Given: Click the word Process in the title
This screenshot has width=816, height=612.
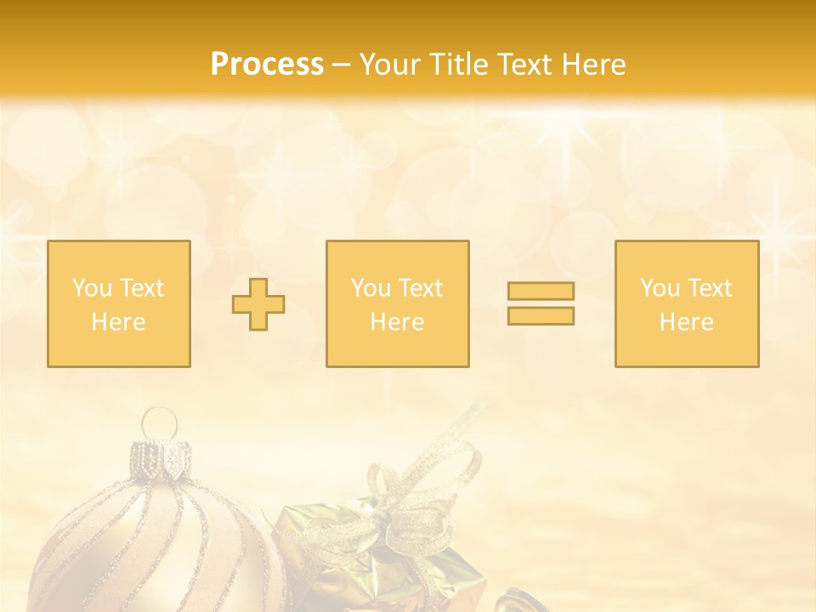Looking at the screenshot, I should [x=267, y=65].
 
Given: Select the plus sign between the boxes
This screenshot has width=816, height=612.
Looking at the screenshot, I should [x=258, y=304].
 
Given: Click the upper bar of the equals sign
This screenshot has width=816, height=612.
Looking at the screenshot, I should [x=541, y=291].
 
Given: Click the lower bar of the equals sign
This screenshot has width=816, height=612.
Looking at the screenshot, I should [x=541, y=315].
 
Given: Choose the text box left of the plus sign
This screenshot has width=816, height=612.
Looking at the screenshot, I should [x=119, y=303].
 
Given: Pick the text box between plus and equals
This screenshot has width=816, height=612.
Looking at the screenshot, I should [x=397, y=303].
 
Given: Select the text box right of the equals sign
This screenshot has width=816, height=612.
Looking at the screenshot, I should [x=687, y=303].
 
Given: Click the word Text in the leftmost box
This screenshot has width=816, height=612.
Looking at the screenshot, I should [x=141, y=288].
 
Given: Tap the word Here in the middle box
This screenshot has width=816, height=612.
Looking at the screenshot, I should [x=397, y=322].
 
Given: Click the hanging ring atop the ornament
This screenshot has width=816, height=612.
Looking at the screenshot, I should [x=158, y=422].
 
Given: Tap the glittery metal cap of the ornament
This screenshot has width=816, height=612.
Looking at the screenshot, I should [x=160, y=458].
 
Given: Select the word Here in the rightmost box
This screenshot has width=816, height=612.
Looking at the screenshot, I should [x=687, y=322].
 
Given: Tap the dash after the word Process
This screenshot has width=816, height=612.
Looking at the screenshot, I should [x=341, y=65].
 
